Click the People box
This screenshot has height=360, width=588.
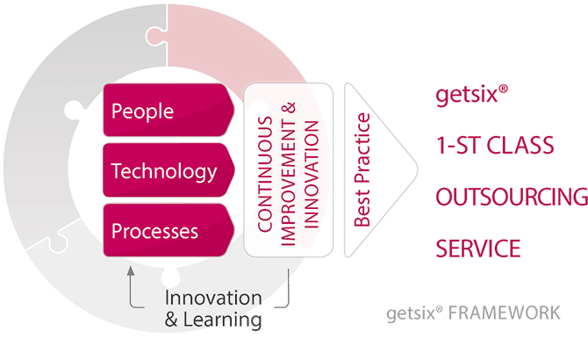point(169,111)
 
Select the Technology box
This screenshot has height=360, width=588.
point(169,170)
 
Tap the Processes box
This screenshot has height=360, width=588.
point(169,230)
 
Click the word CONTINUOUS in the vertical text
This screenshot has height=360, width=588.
point(265,175)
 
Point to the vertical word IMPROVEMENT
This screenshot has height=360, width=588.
point(289,183)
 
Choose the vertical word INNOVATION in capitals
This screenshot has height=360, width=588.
point(312,175)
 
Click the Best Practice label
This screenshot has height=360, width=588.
point(362,169)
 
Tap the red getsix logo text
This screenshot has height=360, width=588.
point(467,94)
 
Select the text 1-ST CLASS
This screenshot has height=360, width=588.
point(495,146)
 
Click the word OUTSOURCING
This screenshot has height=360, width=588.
point(512,197)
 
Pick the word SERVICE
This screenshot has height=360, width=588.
point(478,248)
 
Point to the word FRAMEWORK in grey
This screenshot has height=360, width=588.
point(505,313)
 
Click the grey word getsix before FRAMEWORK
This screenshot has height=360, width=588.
point(411,313)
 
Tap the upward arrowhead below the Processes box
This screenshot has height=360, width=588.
point(131,270)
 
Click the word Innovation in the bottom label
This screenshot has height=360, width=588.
point(213,299)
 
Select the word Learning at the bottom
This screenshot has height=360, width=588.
point(222,320)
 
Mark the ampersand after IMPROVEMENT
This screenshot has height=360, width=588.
point(289,108)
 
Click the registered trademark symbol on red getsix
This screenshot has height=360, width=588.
point(503,89)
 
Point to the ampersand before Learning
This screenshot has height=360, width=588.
point(171,320)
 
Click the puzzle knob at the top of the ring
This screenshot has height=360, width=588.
point(154,36)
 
